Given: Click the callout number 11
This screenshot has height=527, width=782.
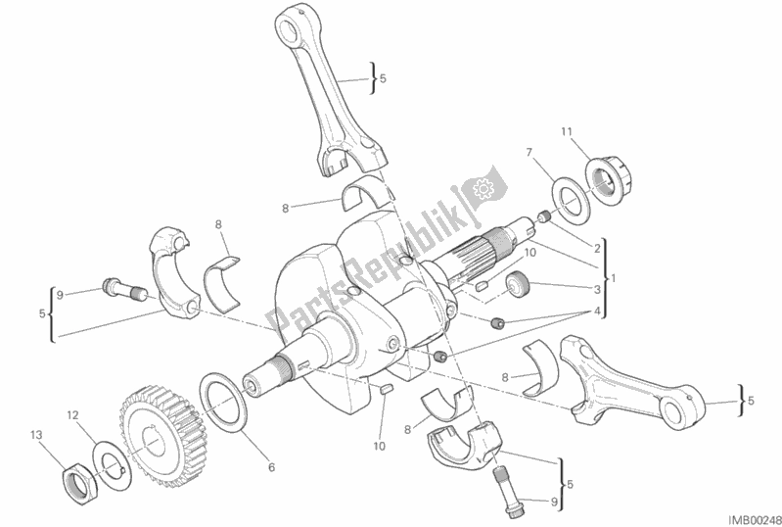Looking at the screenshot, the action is tap(566, 131).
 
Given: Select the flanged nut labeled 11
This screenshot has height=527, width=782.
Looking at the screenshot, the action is tap(609, 180).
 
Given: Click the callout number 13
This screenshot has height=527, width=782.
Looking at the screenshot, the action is tap(36, 435).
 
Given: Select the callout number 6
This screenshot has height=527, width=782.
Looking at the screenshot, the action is tap(271, 467).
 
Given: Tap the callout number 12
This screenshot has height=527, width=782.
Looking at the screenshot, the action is tap(72, 414).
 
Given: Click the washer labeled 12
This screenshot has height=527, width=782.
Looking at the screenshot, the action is tap(113, 464).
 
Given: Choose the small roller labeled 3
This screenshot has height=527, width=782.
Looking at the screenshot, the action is tap(517, 285).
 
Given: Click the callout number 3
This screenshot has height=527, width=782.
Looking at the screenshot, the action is tap(597, 290).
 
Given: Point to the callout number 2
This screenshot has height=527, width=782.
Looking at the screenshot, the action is tap(597, 247).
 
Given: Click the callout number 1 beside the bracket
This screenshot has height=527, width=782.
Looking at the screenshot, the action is tap(614, 278).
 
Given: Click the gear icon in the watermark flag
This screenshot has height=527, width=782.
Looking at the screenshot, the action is tap(483, 188).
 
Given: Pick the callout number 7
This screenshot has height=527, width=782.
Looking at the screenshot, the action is tap(529, 152).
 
